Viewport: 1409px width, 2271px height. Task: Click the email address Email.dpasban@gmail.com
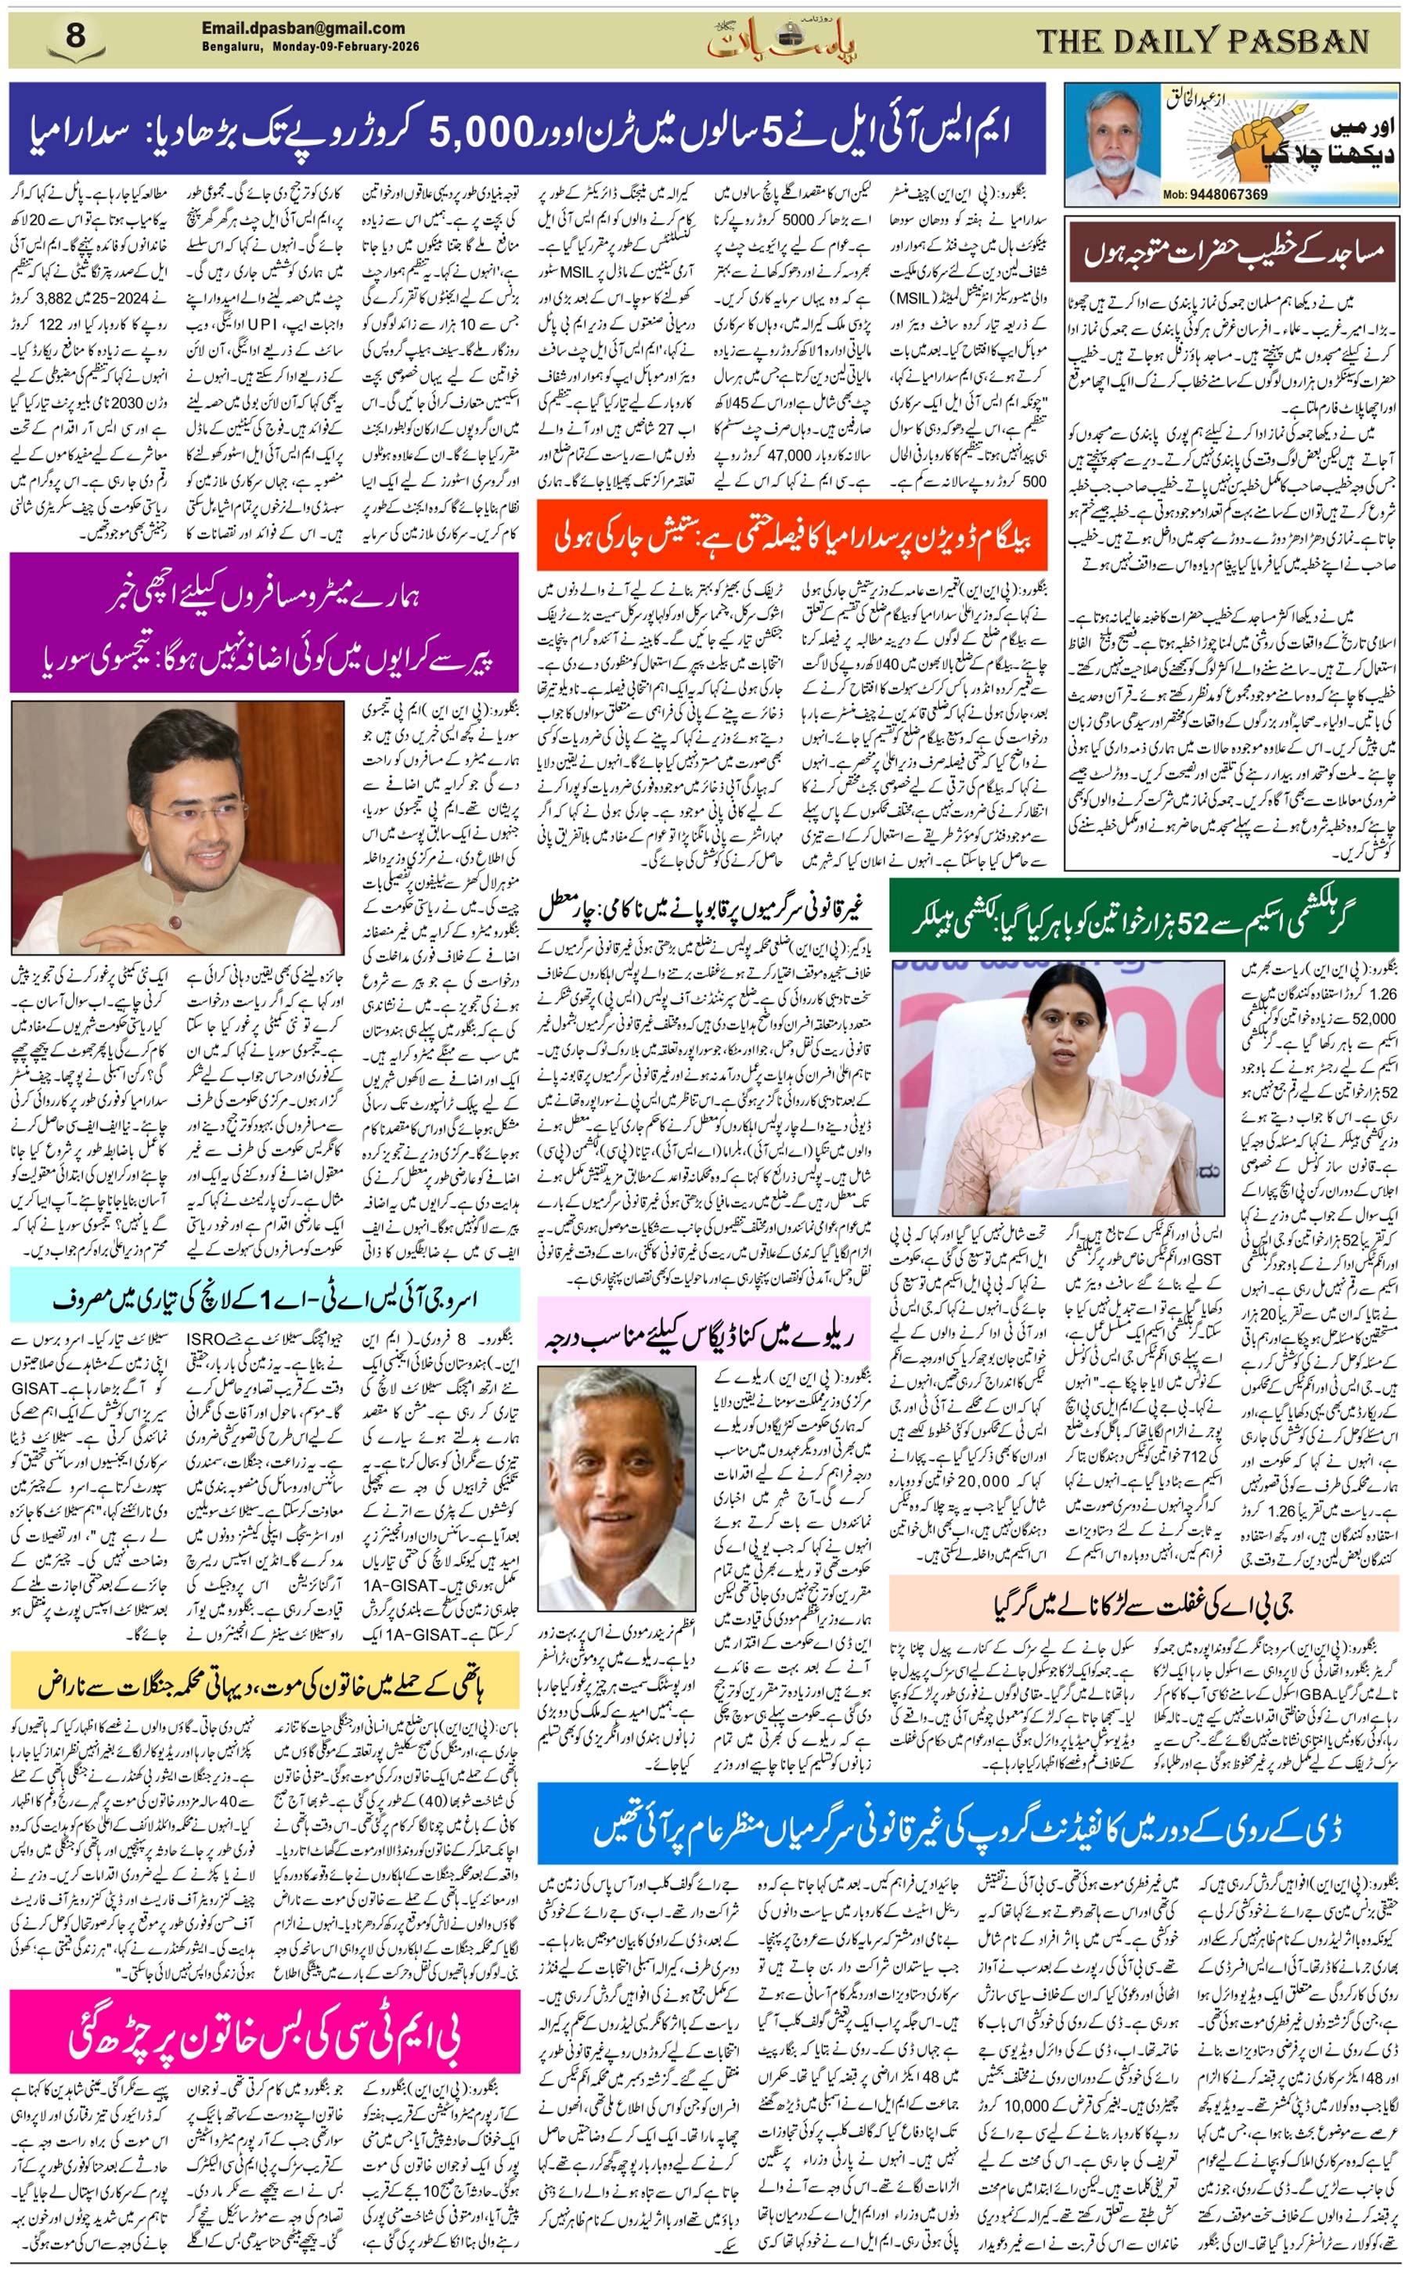tap(303, 28)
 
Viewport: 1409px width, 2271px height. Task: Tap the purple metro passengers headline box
tap(264, 622)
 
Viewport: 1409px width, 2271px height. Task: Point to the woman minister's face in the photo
tap(1072, 1029)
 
